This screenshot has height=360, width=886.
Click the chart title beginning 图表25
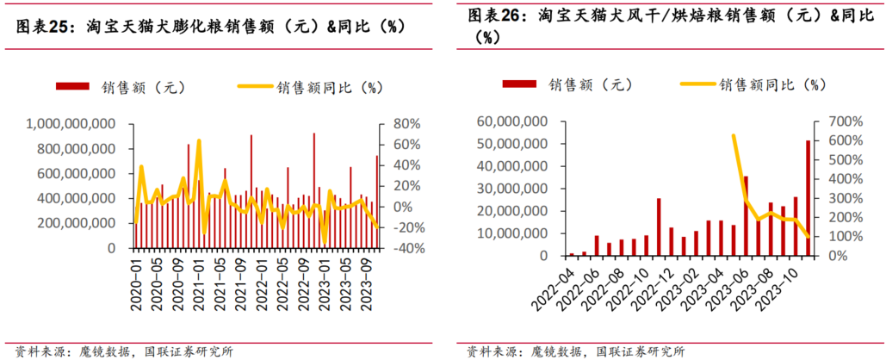tap(211, 27)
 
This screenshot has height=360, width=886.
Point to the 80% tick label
tap(406, 124)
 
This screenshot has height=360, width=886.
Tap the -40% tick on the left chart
tap(405, 248)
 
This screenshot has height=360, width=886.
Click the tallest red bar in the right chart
tap(808, 198)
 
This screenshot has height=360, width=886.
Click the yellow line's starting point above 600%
tap(733, 136)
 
